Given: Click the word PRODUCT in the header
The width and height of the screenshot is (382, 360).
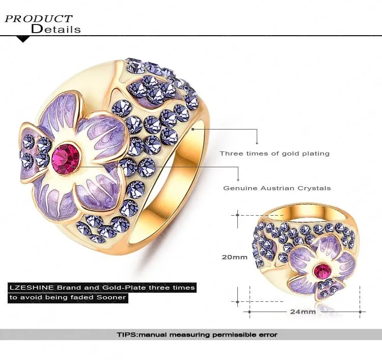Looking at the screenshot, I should coord(39,19).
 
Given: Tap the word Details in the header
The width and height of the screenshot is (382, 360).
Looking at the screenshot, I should coord(56,29).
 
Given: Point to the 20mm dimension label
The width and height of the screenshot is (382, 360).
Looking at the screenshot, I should coord(234,257).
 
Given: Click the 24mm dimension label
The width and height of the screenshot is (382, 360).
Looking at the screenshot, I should coord(303,311).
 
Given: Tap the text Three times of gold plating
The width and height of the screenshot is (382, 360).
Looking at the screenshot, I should coord(275,153).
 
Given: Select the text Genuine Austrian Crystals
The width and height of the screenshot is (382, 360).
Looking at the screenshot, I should coord(277,188).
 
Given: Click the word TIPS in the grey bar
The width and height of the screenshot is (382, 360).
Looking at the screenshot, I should coord(126,335).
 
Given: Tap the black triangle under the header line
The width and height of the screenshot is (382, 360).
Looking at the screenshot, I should coord(23,39).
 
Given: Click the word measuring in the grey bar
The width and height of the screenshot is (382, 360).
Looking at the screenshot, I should coord(187,335).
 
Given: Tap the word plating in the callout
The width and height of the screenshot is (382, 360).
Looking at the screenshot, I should coord(316,153).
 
